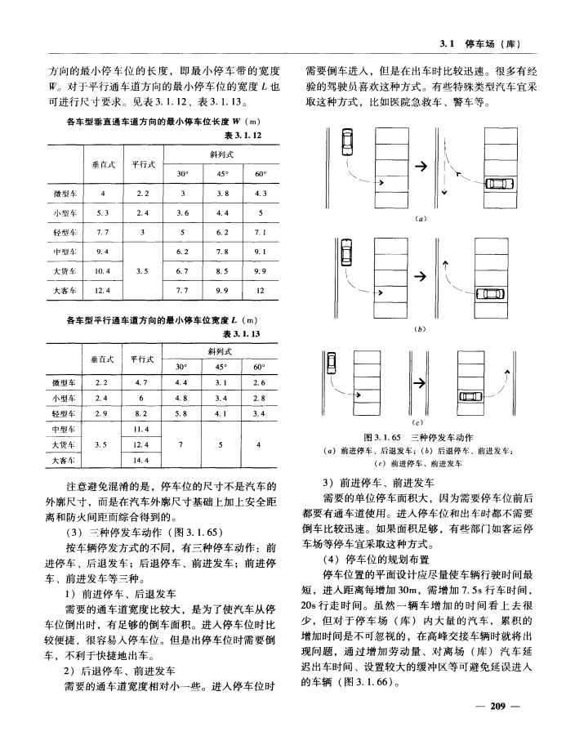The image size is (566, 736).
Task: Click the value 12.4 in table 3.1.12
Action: (103, 291)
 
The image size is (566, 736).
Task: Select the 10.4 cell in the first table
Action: (103, 269)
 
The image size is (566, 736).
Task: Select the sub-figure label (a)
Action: (424, 219)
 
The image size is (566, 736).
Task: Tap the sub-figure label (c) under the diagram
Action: (424, 422)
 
